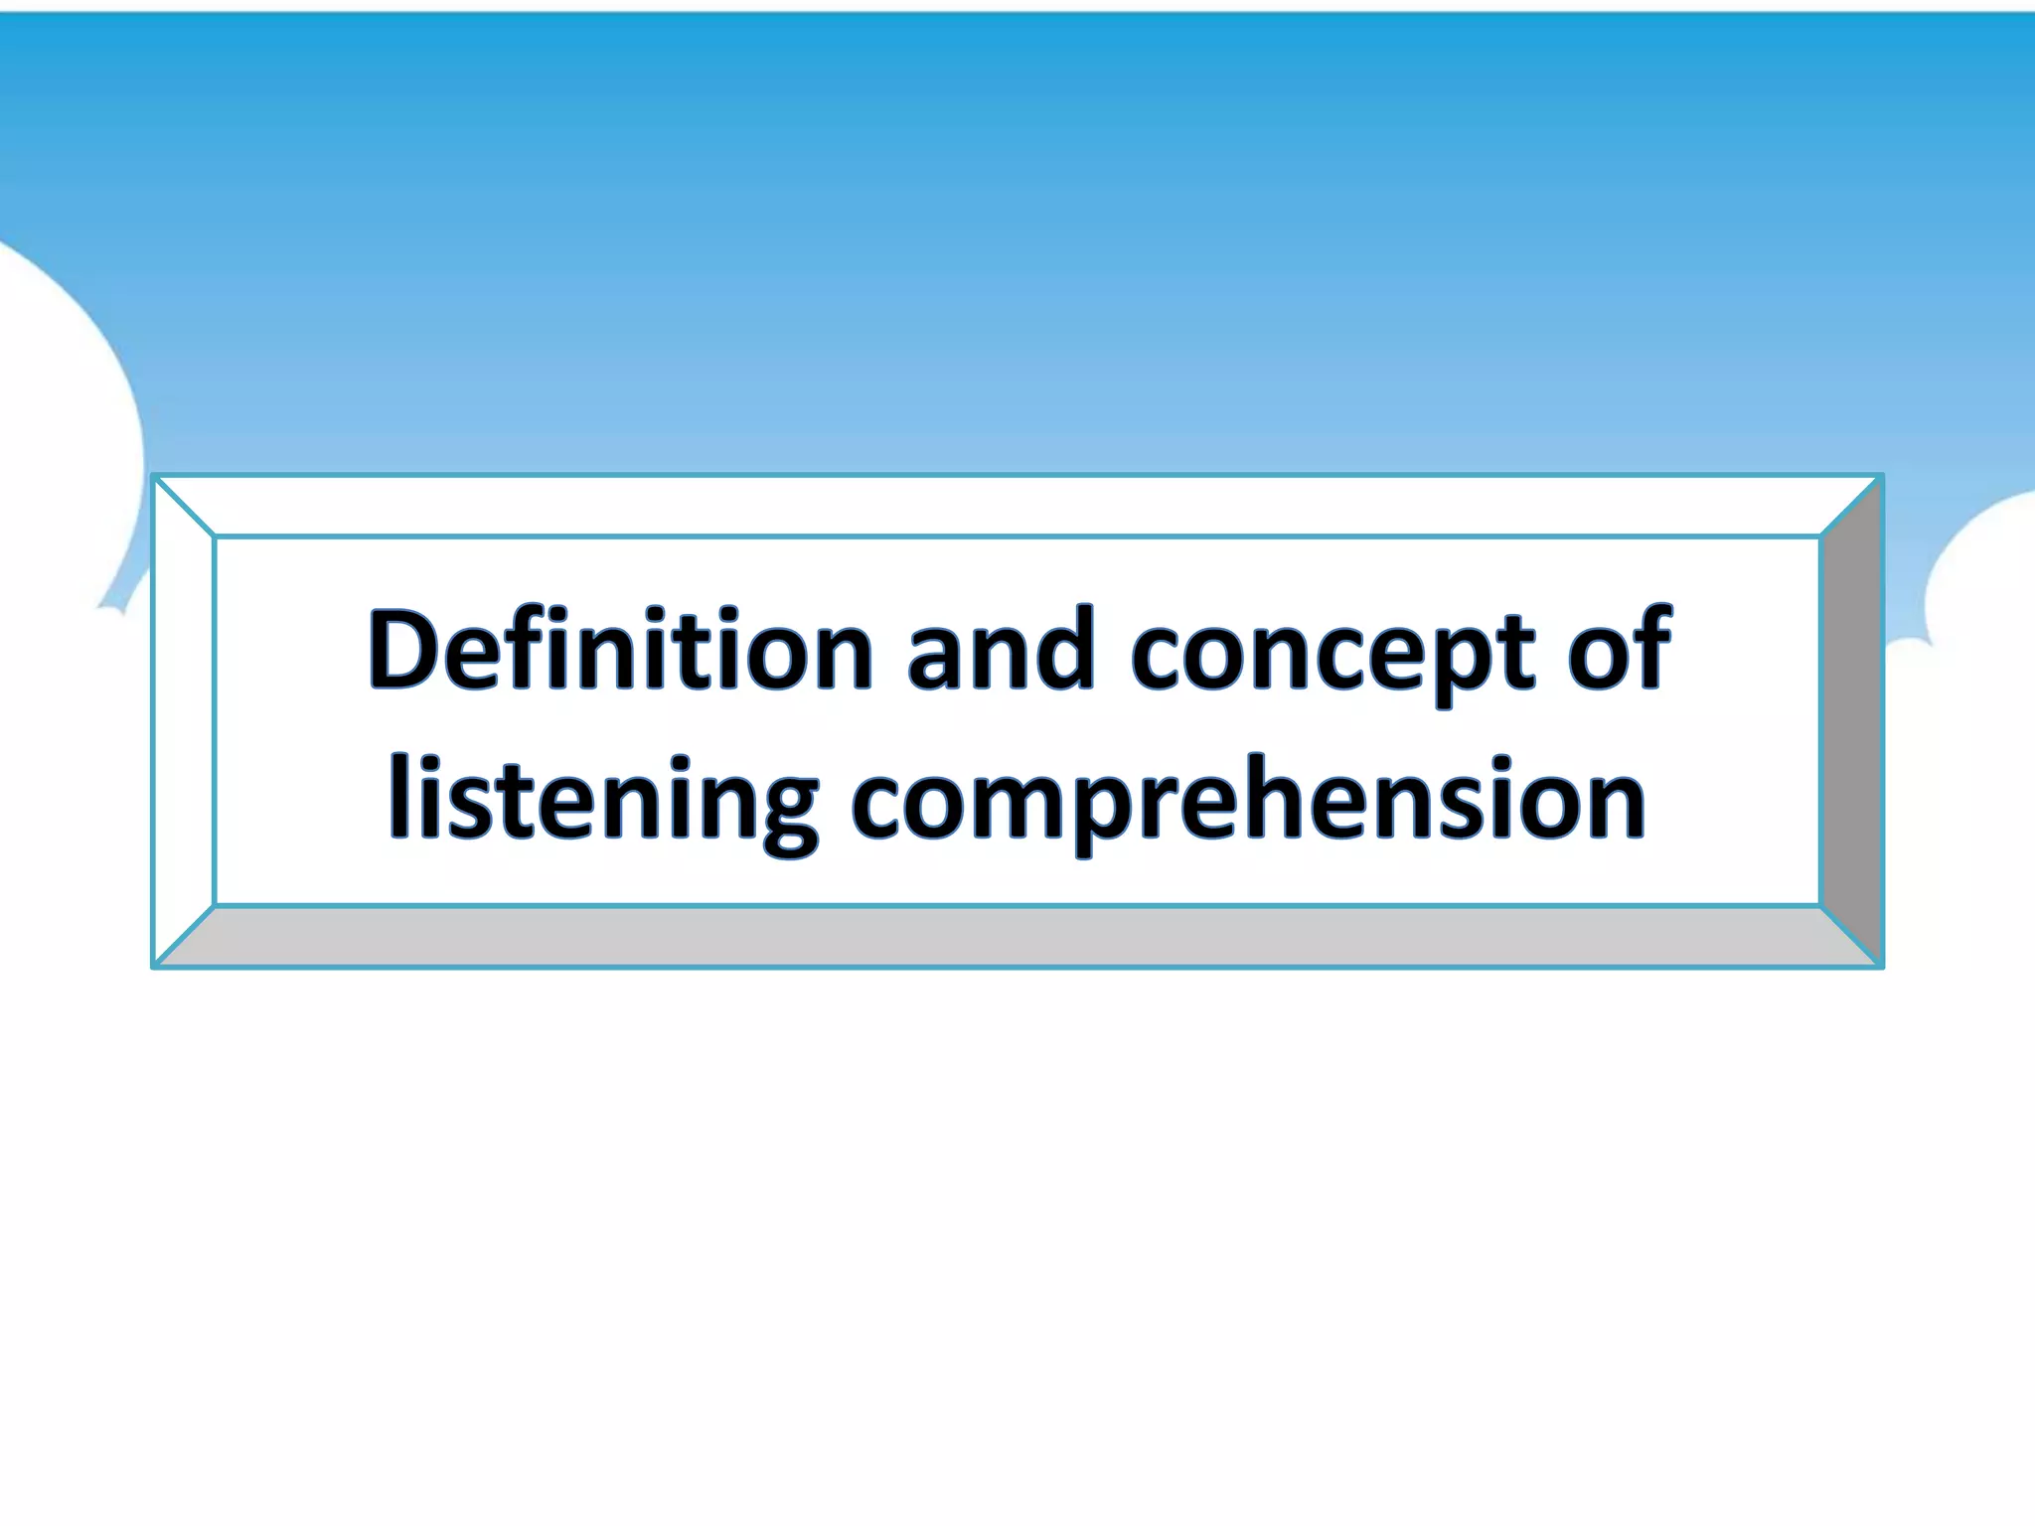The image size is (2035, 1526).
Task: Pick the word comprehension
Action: point(1248,801)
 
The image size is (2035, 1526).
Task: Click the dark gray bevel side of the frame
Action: point(1851,720)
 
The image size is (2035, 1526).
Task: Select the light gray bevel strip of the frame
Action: point(1014,936)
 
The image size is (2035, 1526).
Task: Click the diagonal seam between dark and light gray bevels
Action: point(1851,936)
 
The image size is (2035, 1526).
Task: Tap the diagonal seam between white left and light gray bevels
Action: point(185,936)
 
